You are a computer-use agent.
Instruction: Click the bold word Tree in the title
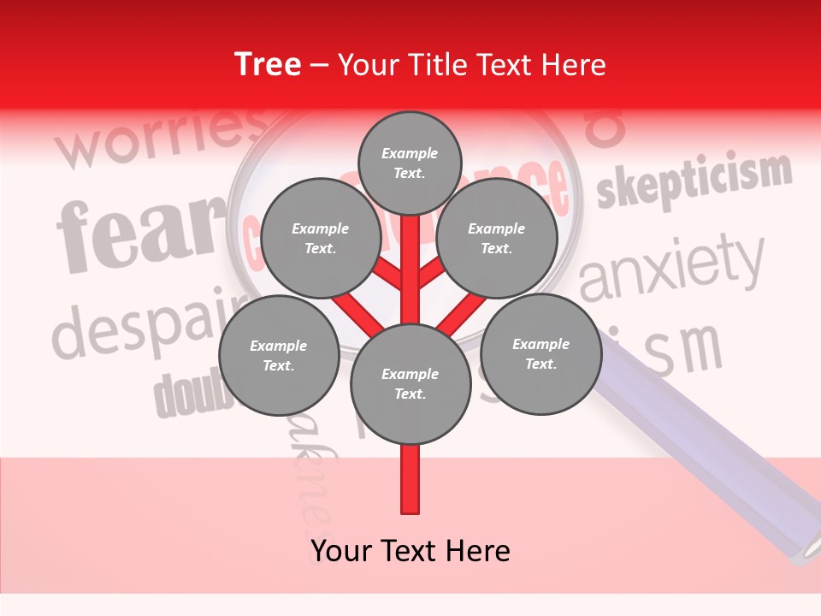click(268, 65)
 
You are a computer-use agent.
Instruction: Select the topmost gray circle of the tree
click(410, 163)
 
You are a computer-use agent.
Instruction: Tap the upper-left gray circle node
click(320, 238)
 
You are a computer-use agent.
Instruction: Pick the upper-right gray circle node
click(496, 238)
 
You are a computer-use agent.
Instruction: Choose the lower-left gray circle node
click(278, 355)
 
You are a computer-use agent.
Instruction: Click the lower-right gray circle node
click(540, 353)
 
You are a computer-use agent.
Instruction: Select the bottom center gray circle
click(410, 384)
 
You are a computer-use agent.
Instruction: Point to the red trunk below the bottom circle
click(410, 479)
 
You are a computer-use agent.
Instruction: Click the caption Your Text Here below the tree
click(410, 551)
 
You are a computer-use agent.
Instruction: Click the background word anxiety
click(671, 269)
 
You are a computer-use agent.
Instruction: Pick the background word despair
click(145, 325)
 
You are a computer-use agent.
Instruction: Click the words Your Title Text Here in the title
click(472, 65)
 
